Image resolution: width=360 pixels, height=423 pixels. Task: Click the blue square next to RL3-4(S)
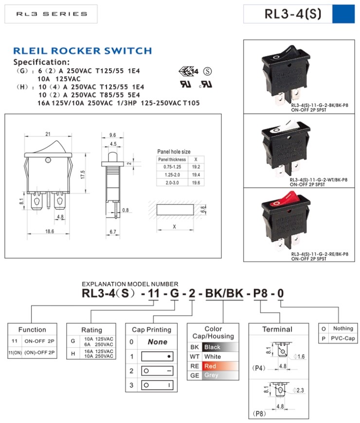[343, 14]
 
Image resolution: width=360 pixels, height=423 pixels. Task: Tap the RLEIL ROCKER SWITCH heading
[82, 51]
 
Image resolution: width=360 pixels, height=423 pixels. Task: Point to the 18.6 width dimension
[49, 232]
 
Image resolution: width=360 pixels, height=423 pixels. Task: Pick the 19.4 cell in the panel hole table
[196, 174]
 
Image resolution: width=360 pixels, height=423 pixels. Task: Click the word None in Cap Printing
[157, 342]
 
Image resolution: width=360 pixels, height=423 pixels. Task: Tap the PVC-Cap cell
[342, 338]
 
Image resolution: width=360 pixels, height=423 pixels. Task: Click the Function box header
[32, 329]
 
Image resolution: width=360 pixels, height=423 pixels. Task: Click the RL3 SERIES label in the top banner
[51, 14]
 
